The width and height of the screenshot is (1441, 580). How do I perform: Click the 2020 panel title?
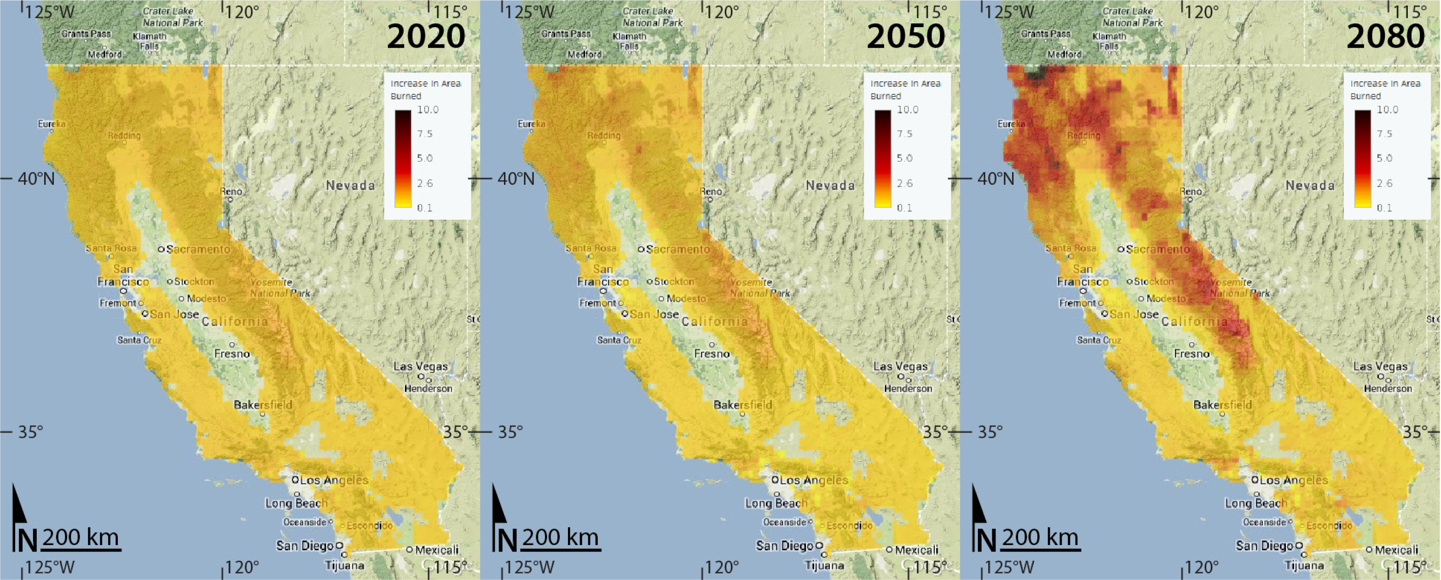pos(426,36)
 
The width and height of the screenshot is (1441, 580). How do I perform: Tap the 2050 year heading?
pos(906,36)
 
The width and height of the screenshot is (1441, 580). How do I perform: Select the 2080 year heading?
pos(1386,36)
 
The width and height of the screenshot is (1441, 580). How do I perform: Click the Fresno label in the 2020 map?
pos(232,354)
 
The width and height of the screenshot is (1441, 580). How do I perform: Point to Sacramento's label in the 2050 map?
pos(677,249)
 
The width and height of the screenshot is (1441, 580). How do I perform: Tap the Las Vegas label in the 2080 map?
pos(1381,367)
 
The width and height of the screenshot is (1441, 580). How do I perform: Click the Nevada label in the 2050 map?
pos(830,186)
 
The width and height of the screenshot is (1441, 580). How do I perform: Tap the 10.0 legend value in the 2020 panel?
pos(428,109)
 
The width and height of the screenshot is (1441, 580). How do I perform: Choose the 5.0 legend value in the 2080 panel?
pos(1384,158)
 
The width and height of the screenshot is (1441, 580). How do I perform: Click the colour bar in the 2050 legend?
pos(883,159)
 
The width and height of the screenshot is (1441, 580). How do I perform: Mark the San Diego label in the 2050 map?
pos(784,546)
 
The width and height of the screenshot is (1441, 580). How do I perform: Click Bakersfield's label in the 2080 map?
pos(1223,404)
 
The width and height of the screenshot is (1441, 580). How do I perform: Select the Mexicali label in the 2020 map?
pos(437,550)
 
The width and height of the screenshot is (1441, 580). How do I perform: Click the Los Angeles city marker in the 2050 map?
pos(775,479)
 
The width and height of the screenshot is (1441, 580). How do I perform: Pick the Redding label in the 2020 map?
pos(124,135)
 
